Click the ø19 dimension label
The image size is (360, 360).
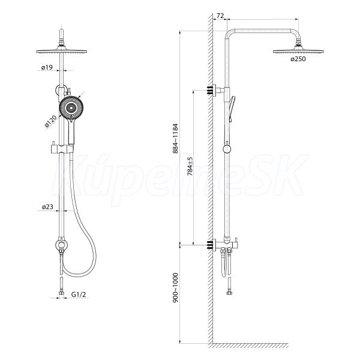pos(47,67)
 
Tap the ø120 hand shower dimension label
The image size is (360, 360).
pos(51,121)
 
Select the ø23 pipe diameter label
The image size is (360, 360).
pos(47,207)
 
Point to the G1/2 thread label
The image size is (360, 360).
pos(79,294)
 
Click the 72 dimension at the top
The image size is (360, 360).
pos(220,16)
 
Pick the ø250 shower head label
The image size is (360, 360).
pos(298,59)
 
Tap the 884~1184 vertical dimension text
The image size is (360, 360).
pos(175,139)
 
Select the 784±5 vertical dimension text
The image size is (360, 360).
pos(190,166)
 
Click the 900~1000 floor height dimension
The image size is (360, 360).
pos(175,287)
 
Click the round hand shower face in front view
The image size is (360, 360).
pos(71,107)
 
